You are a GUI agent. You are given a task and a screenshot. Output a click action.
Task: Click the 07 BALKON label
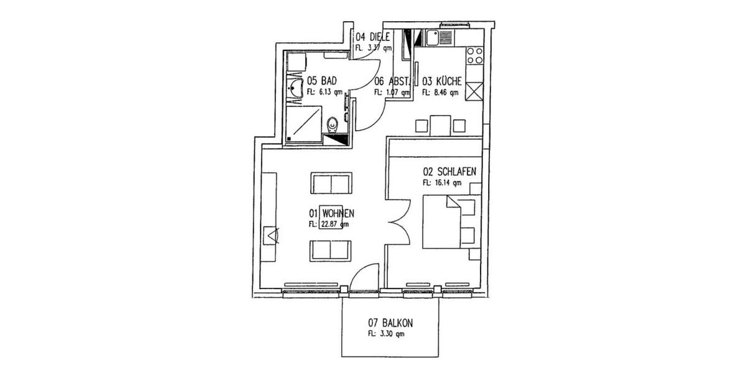click(x=391, y=323)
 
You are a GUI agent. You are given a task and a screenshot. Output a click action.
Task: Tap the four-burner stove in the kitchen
click(x=474, y=56)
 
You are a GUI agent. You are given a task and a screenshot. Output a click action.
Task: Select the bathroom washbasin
click(x=293, y=89)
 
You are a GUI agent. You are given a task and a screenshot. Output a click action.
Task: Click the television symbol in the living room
click(x=272, y=236)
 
